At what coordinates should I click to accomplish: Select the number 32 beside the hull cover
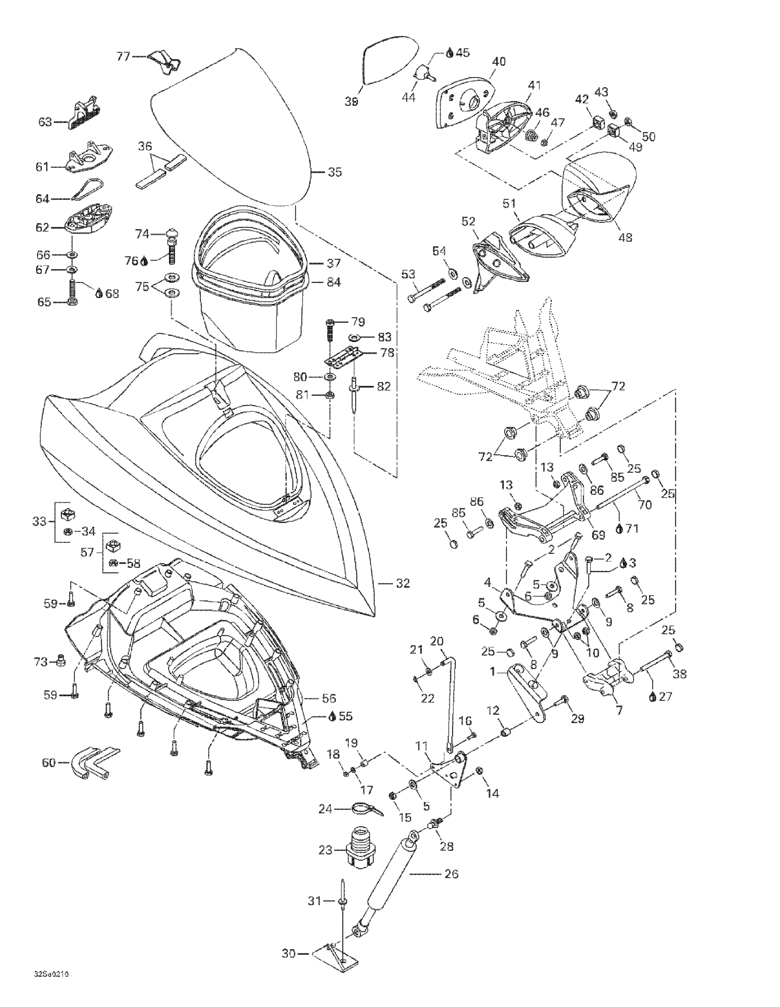coord(403,583)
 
